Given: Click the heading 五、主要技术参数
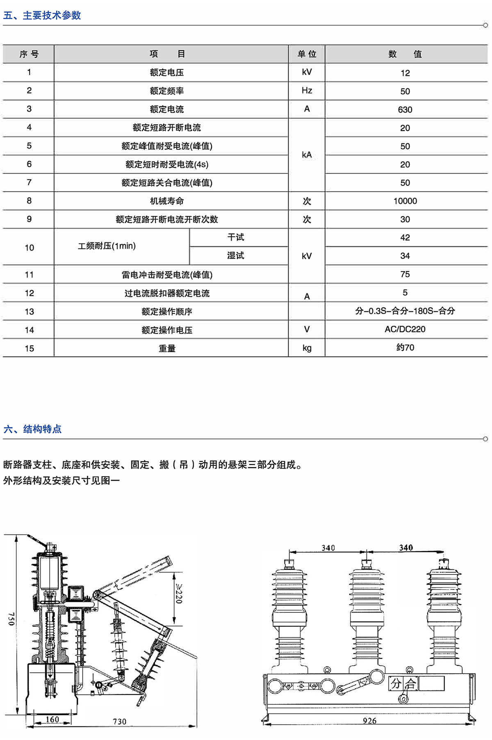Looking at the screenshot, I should coord(42,16).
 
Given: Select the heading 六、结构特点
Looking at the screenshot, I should coord(32,429).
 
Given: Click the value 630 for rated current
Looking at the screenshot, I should coord(405,110).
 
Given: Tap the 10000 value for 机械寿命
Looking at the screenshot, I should coord(405,201).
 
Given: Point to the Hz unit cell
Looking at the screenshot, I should coord(307,91).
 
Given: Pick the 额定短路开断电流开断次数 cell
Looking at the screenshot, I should coord(167,219).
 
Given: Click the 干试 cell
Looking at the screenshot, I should coord(236,237).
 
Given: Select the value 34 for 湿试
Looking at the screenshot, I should coord(405,256).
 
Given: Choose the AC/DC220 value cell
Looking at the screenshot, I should coord(405,329).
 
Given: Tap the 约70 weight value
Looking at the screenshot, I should coord(405,348).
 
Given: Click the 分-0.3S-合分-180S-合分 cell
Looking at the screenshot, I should coord(405,311).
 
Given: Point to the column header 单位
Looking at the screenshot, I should coord(307,54).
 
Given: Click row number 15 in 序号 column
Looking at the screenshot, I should coord(29,348).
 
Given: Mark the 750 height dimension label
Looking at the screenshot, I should coord(11,619).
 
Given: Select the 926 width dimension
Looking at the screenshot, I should coord(369,721).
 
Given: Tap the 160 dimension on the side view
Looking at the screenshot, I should coord(52,719).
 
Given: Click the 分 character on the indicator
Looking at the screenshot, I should coord(396,683).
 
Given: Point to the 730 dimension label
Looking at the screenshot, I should coord(119,722).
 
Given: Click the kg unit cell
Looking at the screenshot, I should coord(307,348).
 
